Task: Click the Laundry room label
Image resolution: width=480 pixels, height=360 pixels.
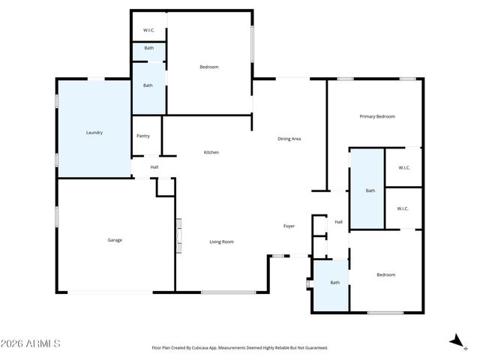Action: point(94,133)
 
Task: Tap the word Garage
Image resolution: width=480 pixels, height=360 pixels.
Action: point(115,240)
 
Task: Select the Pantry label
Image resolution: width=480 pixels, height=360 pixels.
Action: point(143,136)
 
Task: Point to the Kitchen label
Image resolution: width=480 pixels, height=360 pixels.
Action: point(211,152)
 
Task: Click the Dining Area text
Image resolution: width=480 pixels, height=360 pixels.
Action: point(289,139)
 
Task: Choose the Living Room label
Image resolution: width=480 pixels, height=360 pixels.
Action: point(221,241)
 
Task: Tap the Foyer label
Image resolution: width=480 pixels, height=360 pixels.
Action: point(289,226)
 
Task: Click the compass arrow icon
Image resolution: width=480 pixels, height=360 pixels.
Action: point(455,341)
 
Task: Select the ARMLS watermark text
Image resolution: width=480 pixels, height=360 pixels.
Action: point(31,343)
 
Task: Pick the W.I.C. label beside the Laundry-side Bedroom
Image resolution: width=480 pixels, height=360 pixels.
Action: point(148,31)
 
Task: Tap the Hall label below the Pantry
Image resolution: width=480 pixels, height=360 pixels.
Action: point(154,167)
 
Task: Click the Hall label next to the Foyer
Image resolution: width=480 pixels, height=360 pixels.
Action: point(338,222)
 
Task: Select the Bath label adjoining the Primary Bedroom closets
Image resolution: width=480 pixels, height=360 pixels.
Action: point(370,190)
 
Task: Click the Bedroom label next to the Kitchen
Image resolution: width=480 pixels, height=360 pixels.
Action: point(208,67)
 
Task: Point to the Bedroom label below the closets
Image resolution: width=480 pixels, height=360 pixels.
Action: point(385,274)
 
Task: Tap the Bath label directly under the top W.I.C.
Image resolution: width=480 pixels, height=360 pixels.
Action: point(149,49)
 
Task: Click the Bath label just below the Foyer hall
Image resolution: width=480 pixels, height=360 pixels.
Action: point(334,282)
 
